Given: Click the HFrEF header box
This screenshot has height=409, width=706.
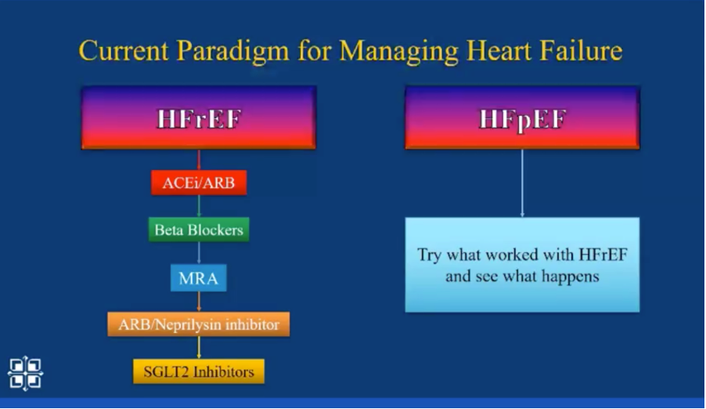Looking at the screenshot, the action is pyautogui.click(x=199, y=118).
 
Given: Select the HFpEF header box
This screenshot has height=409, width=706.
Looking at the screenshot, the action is pyautogui.click(x=522, y=118).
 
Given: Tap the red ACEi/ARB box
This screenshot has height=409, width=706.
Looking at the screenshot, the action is pyautogui.click(x=199, y=183).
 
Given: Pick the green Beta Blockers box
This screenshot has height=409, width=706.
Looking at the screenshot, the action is pyautogui.click(x=199, y=230).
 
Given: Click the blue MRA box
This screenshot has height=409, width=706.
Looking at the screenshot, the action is pyautogui.click(x=199, y=278).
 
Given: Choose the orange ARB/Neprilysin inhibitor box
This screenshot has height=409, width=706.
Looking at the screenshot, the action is pyautogui.click(x=199, y=324).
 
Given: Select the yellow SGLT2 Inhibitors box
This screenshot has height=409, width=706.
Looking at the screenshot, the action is pyautogui.click(x=199, y=371).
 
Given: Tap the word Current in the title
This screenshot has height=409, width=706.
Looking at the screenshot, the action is pyautogui.click(x=124, y=50).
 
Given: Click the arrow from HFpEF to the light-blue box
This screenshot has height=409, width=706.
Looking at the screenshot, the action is pyautogui.click(x=522, y=183).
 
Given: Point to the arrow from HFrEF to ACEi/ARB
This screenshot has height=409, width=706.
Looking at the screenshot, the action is pyautogui.click(x=199, y=160).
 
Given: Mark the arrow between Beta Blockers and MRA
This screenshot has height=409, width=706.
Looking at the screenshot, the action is pyautogui.click(x=199, y=253).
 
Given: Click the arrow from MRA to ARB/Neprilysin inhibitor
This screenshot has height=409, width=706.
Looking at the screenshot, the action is pyautogui.click(x=199, y=302).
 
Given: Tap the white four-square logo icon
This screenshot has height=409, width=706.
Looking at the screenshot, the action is pyautogui.click(x=25, y=374).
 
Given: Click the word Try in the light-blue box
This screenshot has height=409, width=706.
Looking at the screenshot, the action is pyautogui.click(x=429, y=255).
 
